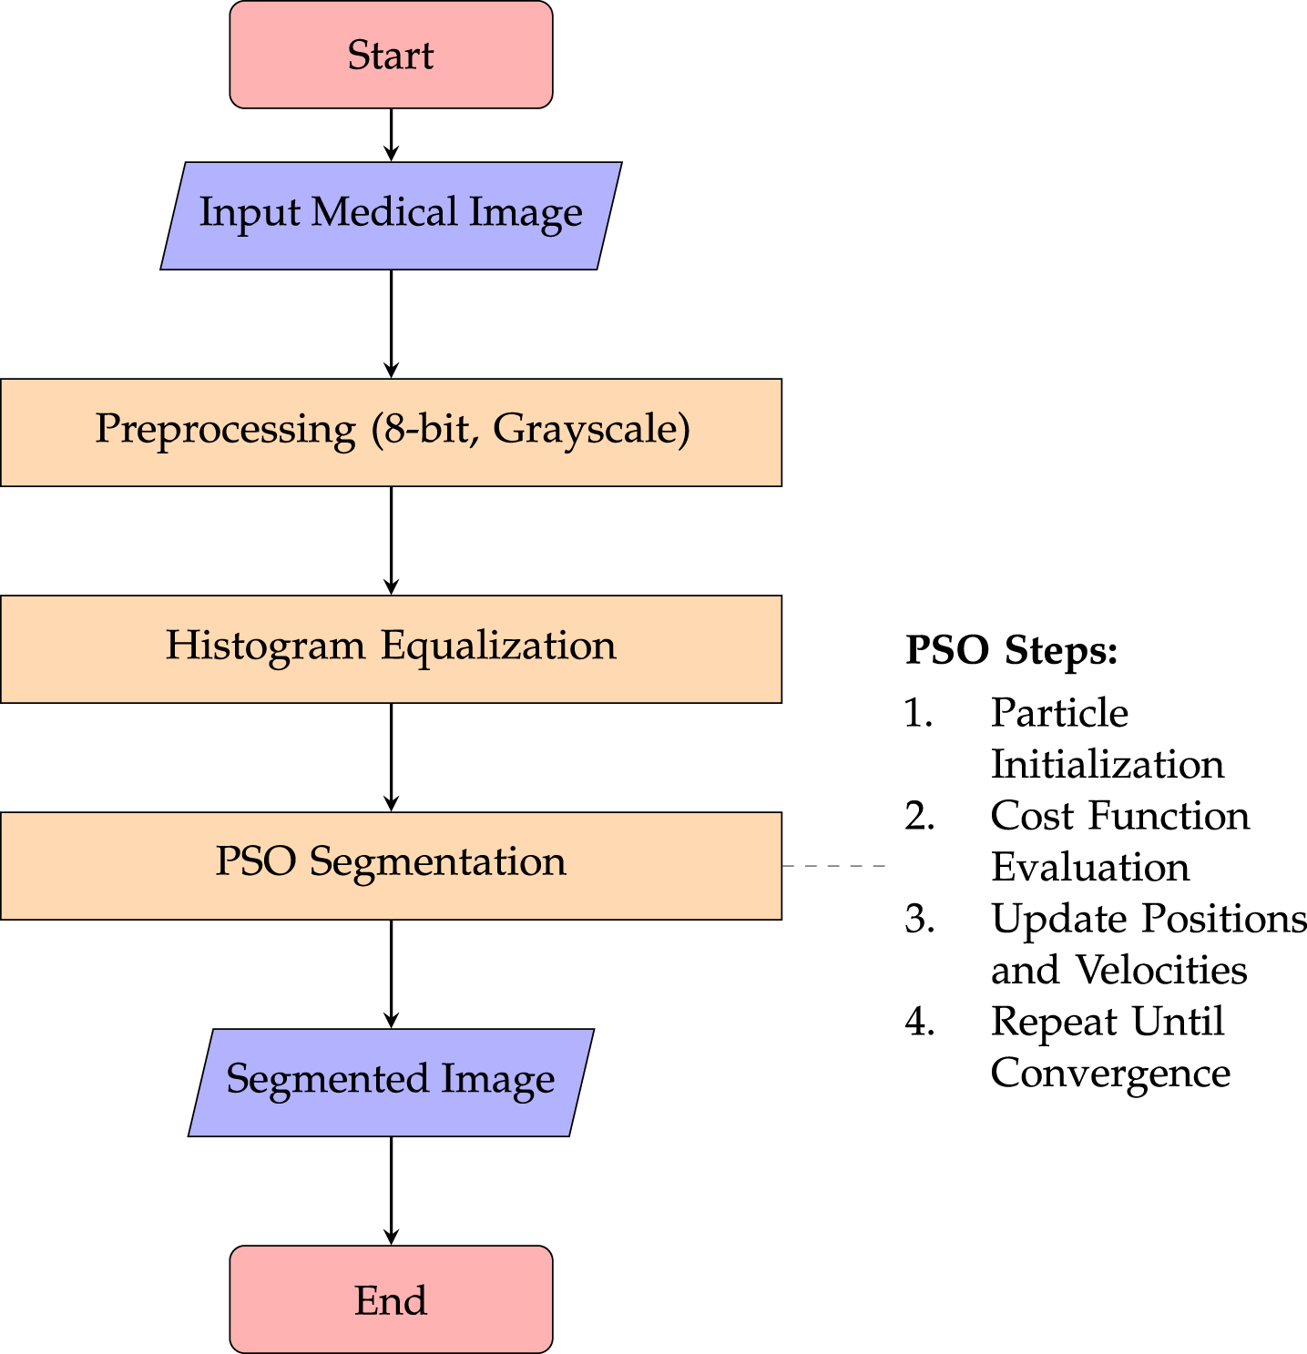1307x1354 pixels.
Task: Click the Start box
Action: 391,55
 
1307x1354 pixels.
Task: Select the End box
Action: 391,1299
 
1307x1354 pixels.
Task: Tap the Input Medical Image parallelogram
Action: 391,216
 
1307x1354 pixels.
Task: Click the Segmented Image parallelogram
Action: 391,1083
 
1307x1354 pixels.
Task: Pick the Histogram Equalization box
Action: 391,649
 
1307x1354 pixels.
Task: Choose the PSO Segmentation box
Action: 391,866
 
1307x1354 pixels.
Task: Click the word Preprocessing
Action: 226,429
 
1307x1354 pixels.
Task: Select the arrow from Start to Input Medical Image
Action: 391,135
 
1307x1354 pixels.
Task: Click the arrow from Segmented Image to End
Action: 391,1191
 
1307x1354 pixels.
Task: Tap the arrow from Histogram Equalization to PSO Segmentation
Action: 391,758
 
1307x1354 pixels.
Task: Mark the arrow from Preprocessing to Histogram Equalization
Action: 391,541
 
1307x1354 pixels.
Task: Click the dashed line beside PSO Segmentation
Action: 833,866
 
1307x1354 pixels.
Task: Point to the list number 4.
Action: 919,1023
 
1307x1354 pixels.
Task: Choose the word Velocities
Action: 1161,970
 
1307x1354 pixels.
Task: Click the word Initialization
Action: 1108,764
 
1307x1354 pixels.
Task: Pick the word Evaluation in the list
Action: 1090,867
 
